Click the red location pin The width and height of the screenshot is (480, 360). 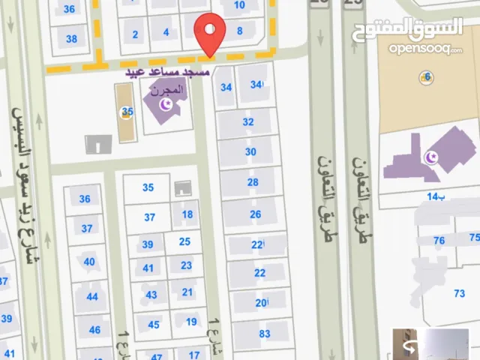tap(211, 33)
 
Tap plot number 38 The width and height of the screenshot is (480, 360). tap(71, 39)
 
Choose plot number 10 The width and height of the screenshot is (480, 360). tap(239, 4)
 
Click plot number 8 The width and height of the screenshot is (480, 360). tap(239, 31)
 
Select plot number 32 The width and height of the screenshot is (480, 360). tap(248, 121)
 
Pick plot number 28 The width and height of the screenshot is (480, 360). tap(253, 182)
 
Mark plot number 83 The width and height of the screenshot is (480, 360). tap(264, 334)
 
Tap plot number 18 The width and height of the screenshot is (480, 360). tap(187, 214)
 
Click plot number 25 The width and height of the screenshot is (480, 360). tap(184, 241)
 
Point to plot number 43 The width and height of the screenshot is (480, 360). tap(151, 295)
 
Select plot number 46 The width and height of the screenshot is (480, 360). tap(94, 330)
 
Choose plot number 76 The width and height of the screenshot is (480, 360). tap(439, 241)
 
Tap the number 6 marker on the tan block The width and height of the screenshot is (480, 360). tap(427, 77)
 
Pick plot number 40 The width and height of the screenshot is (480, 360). tap(89, 262)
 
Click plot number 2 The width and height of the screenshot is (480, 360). tap(135, 34)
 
